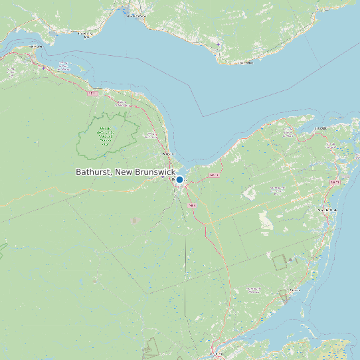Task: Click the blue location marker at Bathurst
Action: [179, 179]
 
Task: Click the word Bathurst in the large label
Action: [93, 172]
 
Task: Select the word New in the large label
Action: [124, 172]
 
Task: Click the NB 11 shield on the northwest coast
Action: [93, 94]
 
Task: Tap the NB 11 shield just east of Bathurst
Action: [214, 175]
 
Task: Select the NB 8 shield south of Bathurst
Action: [192, 206]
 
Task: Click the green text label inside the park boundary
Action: [105, 136]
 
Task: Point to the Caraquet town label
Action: [321, 128]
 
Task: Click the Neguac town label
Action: [294, 290]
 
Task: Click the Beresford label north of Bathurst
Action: [167, 153]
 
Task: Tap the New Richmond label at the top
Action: [138, 15]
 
